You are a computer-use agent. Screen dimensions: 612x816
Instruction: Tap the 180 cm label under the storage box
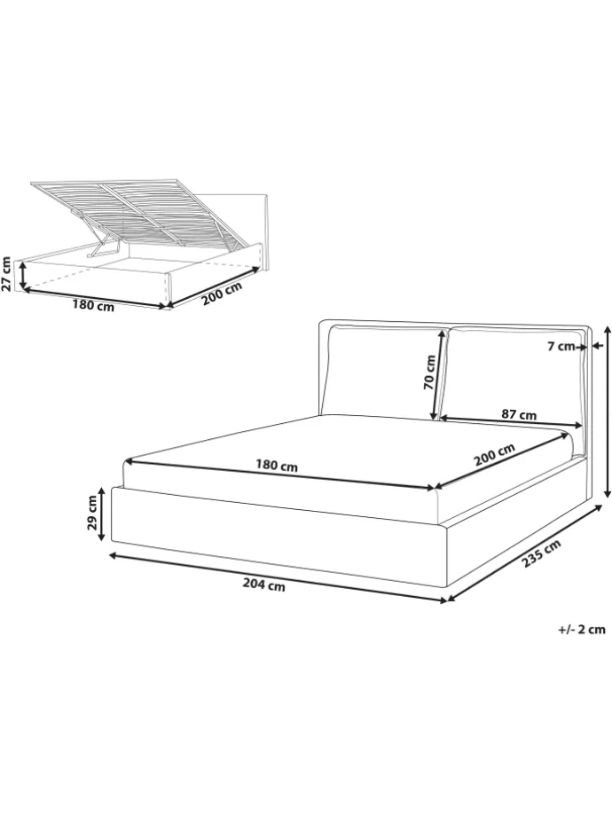93,306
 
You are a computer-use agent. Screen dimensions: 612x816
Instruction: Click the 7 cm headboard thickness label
561,346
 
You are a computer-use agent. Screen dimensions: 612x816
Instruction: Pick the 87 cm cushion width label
519,415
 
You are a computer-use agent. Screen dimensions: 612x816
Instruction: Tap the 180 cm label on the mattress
277,466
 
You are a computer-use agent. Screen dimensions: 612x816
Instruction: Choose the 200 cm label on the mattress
494,455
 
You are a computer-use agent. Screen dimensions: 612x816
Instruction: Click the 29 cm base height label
92,512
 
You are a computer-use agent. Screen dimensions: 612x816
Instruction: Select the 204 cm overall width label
263,585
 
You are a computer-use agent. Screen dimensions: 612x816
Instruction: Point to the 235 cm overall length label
542,554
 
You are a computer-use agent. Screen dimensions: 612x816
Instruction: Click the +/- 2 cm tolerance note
582,629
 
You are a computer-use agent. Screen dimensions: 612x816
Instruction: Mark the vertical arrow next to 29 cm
104,513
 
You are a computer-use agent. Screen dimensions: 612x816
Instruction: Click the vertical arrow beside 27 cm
23,275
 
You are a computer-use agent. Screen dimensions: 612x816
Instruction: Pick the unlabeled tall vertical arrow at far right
608,412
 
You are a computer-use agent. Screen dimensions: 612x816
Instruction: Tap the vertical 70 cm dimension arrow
437,373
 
